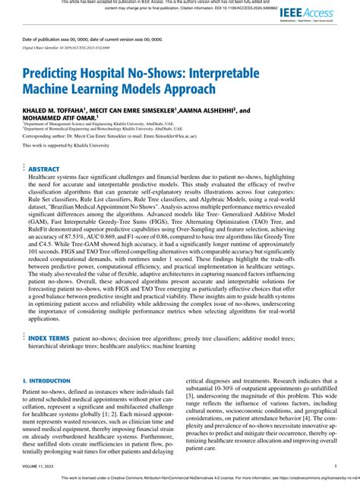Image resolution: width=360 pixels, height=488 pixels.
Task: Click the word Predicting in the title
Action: pyautogui.click(x=58, y=78)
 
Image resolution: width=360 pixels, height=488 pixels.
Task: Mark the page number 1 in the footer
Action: pyautogui.click(x=336, y=468)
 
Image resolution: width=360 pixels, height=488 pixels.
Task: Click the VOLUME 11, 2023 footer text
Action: pyautogui.click(x=39, y=468)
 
